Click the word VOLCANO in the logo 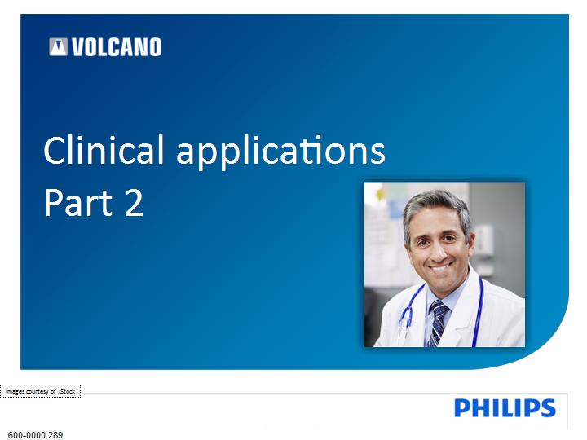click(117, 47)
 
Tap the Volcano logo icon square click(58, 47)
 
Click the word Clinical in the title click(104, 150)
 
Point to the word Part click(78, 202)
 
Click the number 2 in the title click(134, 202)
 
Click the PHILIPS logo click(505, 408)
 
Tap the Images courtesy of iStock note click(41, 391)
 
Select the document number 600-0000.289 click(35, 435)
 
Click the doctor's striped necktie click(438, 323)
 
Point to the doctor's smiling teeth click(439, 268)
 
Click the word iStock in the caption click(67, 391)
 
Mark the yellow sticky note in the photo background click(381, 193)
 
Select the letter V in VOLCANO click(78, 47)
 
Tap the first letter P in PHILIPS click(463, 408)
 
